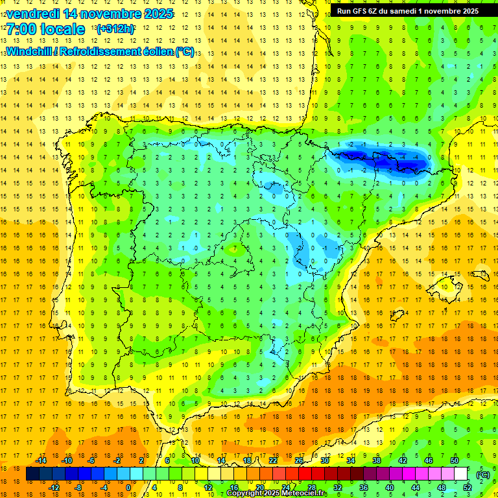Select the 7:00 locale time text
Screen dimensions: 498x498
coord(45,29)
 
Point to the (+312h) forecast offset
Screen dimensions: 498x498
coord(115,29)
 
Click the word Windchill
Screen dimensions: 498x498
coord(28,51)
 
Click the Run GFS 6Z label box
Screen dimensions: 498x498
coord(408,11)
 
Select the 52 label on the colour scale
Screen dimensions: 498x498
coord(468,488)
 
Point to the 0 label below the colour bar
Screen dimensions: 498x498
coord(128,488)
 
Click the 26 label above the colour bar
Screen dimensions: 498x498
coord(299,460)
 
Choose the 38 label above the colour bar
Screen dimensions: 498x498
coord(377,460)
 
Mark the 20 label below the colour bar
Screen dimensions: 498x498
coord(259,488)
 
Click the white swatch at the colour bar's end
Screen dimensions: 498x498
coord(460,474)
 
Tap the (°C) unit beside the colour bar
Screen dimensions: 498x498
coord(482,474)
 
